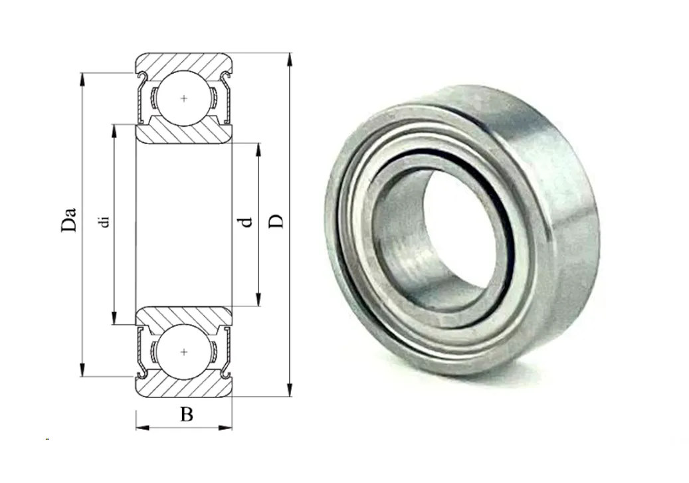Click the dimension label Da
click(69, 219)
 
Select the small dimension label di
click(104, 221)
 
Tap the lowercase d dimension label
click(246, 222)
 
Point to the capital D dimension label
click(276, 221)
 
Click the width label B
click(186, 414)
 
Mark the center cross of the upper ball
click(183, 98)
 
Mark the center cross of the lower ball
click(184, 352)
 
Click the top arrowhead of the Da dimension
click(82, 80)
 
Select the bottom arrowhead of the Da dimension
click(82, 370)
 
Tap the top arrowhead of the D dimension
click(289, 60)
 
